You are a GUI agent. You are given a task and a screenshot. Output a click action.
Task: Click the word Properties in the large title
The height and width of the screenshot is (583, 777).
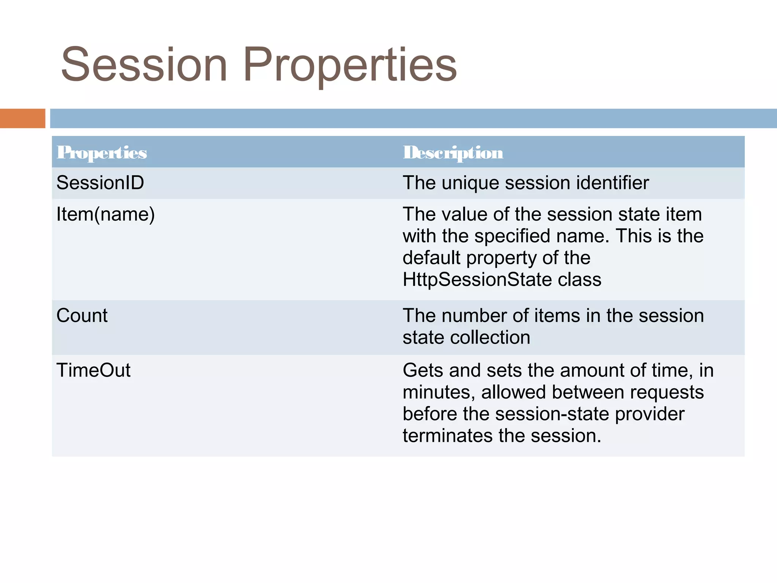tap(350, 65)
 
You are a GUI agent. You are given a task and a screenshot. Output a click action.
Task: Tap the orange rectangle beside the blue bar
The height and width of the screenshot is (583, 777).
tap(22, 118)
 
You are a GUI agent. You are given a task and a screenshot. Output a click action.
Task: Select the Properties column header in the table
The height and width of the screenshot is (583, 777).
tap(102, 153)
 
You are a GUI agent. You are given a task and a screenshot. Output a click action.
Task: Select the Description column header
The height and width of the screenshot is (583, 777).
tap(453, 153)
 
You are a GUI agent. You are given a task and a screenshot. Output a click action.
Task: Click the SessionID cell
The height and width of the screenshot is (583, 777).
tap(100, 183)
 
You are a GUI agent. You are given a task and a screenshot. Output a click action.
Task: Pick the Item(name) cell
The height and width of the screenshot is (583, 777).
tap(105, 214)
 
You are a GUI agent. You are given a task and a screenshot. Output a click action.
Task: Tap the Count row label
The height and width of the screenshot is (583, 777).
tap(82, 316)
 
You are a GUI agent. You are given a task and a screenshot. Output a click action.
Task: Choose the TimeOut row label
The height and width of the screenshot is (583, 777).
tap(93, 370)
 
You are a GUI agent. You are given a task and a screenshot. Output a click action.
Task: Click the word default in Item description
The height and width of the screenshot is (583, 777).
tap(431, 258)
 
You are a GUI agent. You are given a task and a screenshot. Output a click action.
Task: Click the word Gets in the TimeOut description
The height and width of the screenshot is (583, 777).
tap(423, 370)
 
